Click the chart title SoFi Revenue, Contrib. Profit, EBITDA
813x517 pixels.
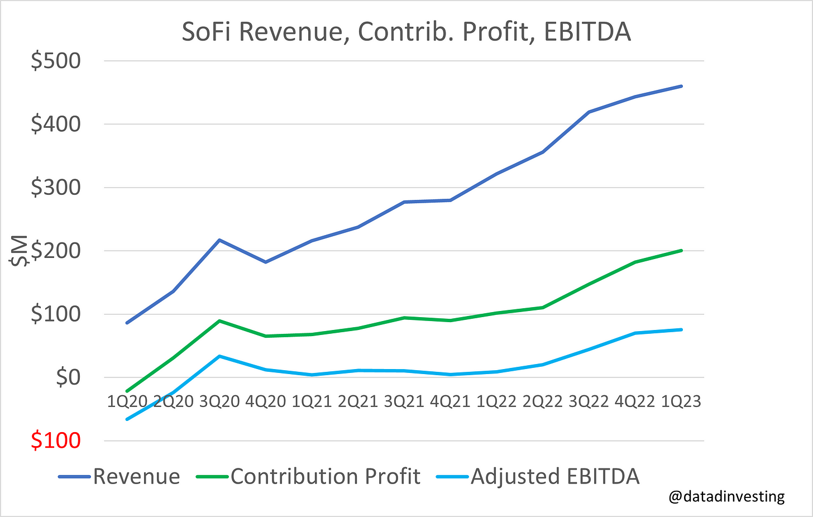coord(406,32)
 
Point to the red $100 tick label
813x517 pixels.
coord(56,441)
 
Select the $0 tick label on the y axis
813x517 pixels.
coord(68,377)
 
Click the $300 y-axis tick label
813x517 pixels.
coord(56,187)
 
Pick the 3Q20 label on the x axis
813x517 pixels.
coord(219,401)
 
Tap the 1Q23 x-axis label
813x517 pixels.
coord(681,401)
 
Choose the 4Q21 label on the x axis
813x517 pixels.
coord(450,401)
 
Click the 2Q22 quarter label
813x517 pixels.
coord(542,401)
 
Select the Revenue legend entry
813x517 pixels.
coord(136,476)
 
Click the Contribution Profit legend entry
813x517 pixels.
coord(324,476)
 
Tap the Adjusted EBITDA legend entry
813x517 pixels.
coord(554,476)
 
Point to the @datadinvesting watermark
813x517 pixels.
coord(726,496)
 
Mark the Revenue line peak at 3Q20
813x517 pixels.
coord(219,240)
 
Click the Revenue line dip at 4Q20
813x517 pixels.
coord(266,262)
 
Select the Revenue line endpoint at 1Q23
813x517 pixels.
coord(681,86)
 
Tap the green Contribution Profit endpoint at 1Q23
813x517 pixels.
coord(681,251)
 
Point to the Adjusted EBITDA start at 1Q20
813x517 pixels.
coord(127,419)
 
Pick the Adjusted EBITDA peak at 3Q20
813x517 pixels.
coord(219,356)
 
